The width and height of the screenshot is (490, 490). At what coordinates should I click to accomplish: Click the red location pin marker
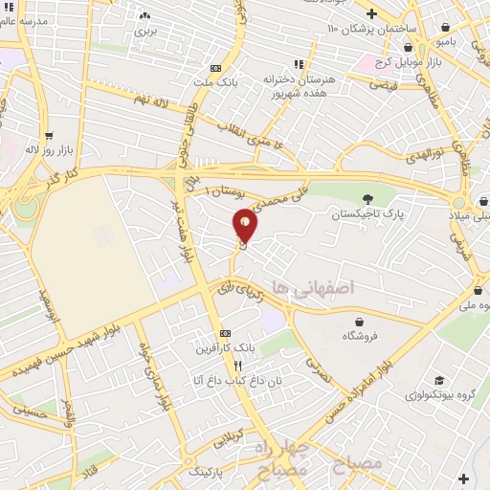pyautogui.click(x=246, y=225)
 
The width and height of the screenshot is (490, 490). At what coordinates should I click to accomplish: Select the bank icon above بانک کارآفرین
pyautogui.click(x=224, y=332)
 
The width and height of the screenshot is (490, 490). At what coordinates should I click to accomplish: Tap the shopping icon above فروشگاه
pyautogui.click(x=358, y=323)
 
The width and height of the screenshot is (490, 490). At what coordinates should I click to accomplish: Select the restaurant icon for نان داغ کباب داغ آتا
pyautogui.click(x=237, y=365)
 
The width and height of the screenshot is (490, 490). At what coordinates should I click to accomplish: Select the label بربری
pyautogui.click(x=145, y=31)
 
